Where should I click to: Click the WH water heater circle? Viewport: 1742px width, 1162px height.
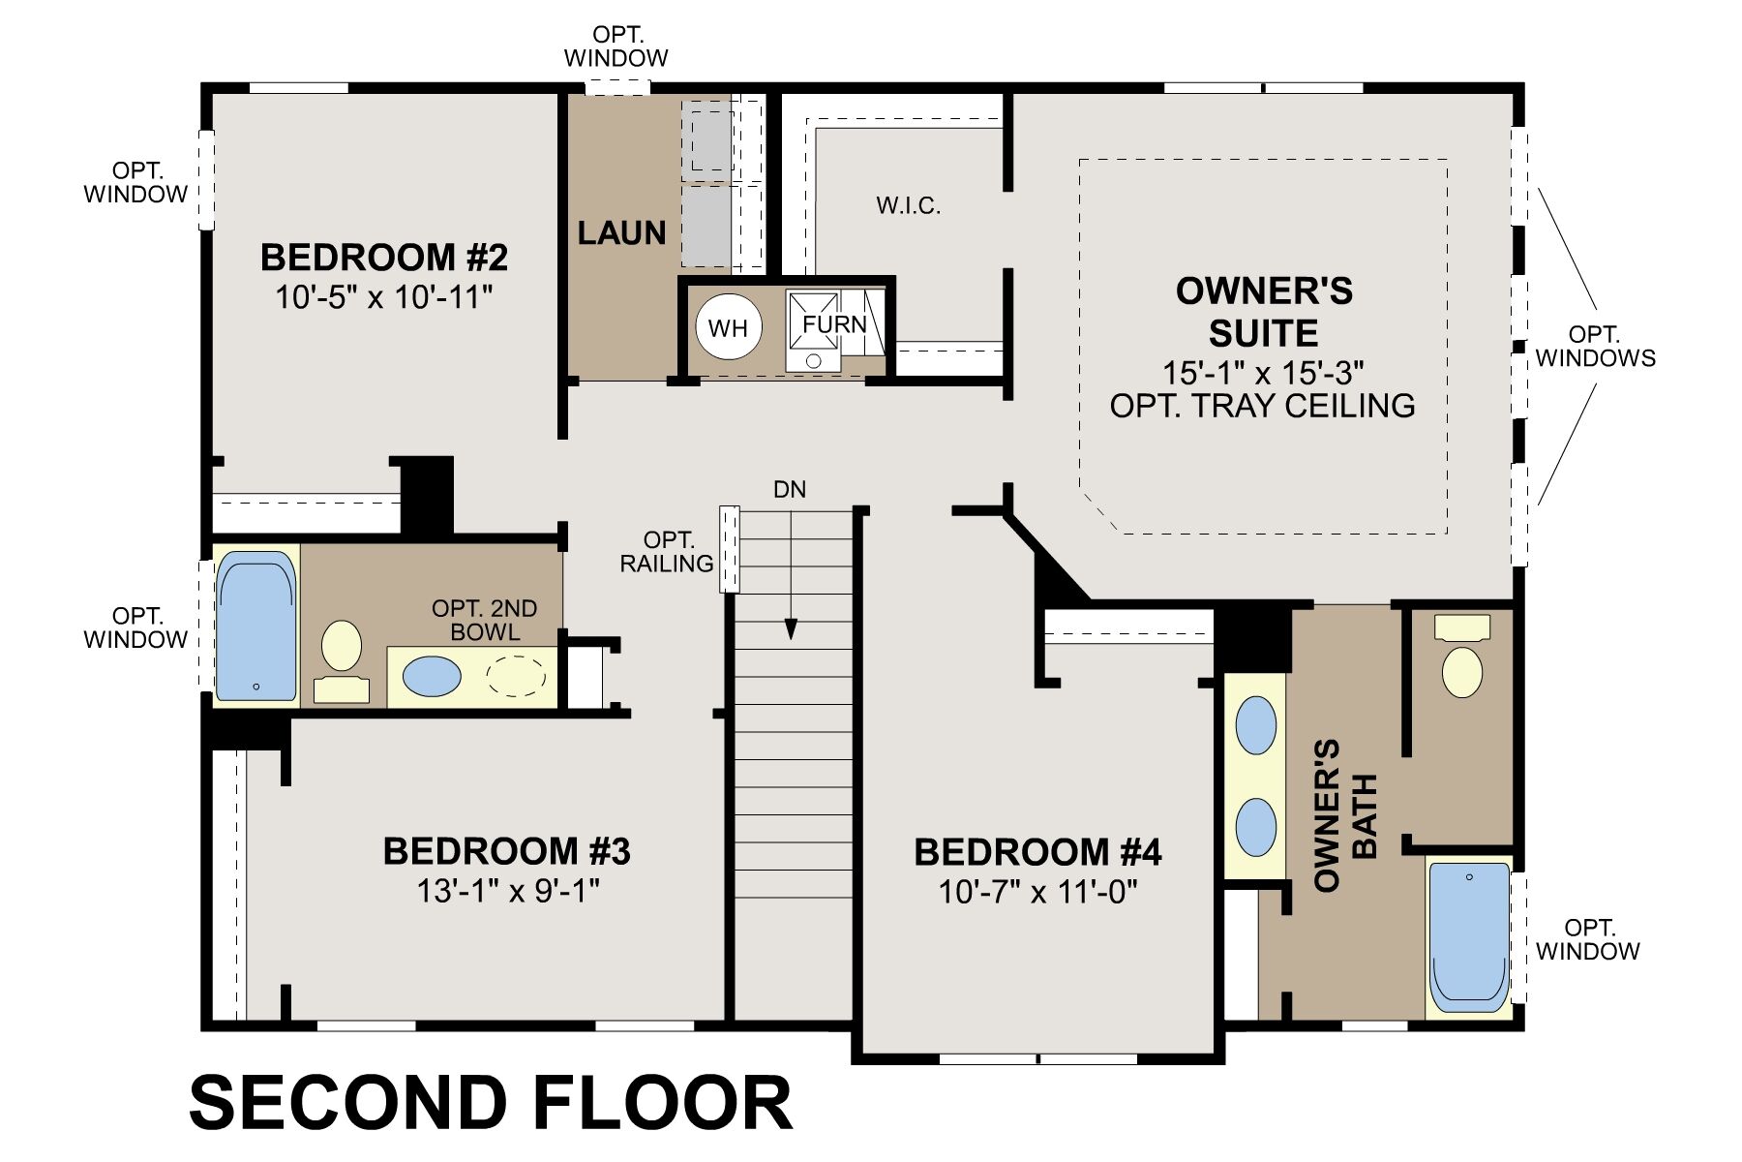(728, 327)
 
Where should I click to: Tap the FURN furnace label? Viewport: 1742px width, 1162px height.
(834, 324)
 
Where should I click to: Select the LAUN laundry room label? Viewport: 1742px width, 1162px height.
(621, 233)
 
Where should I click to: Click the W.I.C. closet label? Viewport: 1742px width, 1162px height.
(908, 205)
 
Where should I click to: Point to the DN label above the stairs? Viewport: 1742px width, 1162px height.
(790, 490)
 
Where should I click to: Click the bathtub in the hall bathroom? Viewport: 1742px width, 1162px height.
(255, 627)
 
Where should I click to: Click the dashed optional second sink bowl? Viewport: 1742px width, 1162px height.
(515, 676)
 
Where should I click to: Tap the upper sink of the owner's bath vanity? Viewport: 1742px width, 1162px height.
(1255, 725)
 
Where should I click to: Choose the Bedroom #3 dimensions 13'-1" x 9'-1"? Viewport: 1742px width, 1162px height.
(508, 890)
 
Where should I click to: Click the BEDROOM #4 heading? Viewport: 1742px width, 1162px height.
(1037, 852)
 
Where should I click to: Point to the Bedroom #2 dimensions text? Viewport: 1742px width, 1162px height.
(384, 297)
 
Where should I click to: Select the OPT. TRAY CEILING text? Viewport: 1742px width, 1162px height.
(1262, 406)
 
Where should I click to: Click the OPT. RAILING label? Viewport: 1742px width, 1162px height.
(668, 552)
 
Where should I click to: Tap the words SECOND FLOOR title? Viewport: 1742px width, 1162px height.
(491, 1103)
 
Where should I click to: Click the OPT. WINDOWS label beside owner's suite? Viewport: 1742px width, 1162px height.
(1594, 347)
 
